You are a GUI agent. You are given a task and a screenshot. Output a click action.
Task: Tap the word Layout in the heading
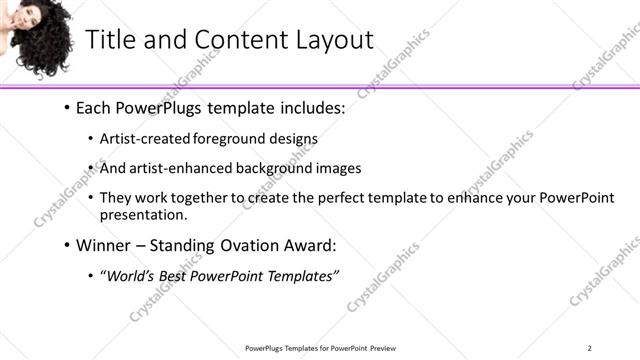coord(326,40)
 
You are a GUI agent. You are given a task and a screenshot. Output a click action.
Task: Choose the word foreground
coord(228,139)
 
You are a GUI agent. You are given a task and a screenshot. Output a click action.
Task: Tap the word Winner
coord(105,243)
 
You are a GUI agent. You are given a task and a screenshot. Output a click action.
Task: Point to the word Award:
coord(311,243)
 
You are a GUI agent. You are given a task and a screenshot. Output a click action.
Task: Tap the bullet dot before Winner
coord(67,243)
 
